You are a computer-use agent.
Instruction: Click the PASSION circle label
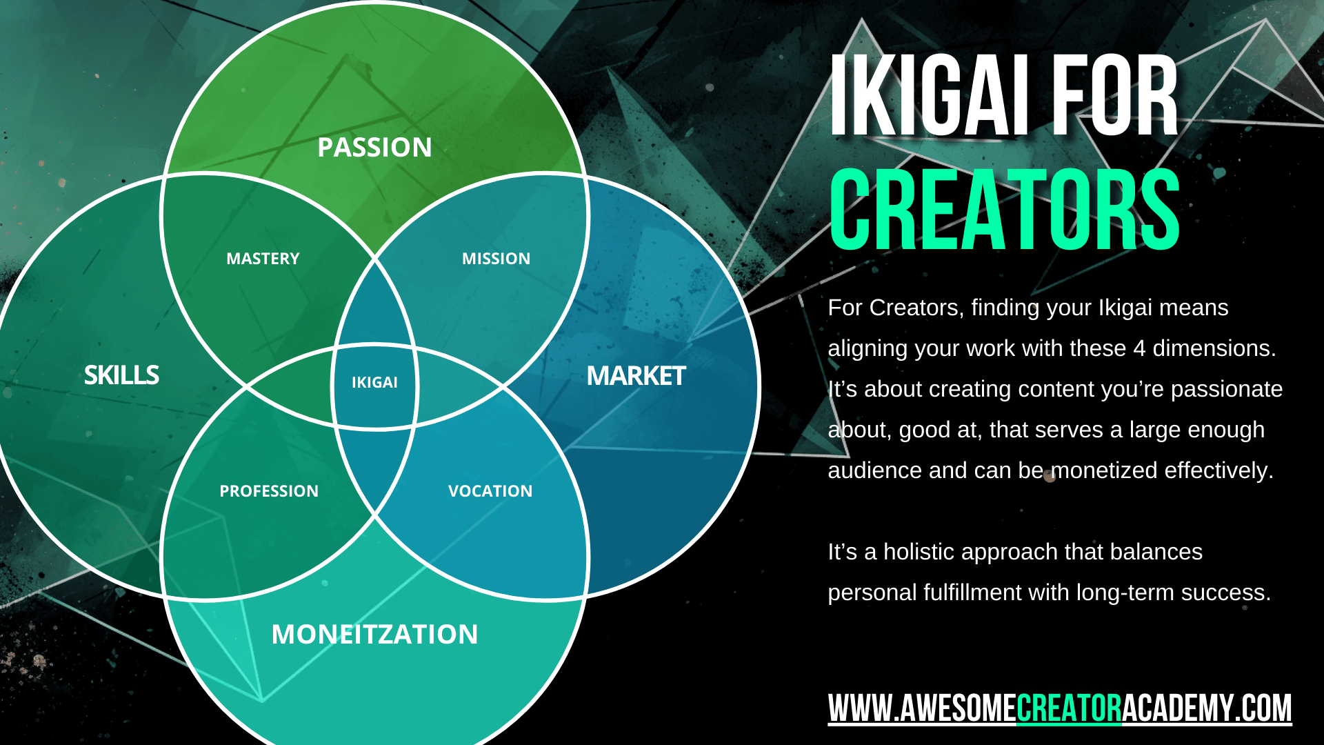[x=374, y=147]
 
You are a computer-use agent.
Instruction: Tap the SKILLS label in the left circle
[x=121, y=375]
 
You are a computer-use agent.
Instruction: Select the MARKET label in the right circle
[x=636, y=376]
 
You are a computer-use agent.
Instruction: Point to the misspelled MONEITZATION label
[x=374, y=634]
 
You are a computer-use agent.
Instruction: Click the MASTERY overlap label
[x=263, y=259]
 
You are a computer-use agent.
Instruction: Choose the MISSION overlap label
[x=496, y=259]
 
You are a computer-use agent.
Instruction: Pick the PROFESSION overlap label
[x=269, y=491]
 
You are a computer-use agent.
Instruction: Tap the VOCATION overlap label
[x=490, y=491]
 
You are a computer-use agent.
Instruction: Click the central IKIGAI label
[x=374, y=382]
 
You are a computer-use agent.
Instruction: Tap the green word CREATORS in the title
[x=1005, y=209]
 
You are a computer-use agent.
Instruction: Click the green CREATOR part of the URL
[x=1069, y=708]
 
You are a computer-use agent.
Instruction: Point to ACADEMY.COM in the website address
[x=1207, y=708]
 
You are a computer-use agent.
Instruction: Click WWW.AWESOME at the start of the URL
[x=922, y=708]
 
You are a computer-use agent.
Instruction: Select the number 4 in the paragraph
[x=1139, y=348]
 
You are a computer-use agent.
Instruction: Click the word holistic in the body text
[x=970, y=552]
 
